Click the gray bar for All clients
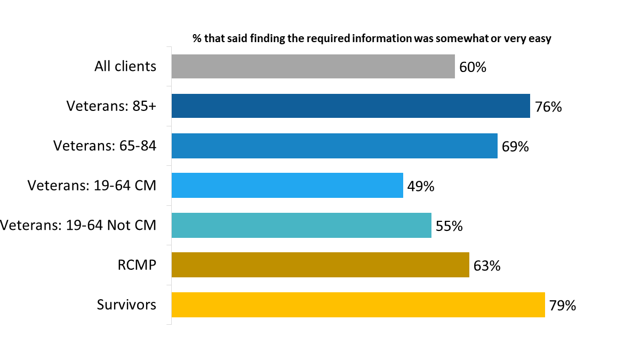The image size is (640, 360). coord(313,66)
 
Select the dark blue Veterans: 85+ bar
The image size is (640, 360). coord(350,106)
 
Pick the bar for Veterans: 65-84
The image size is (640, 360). coord(334,146)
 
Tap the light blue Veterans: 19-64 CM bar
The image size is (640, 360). coord(287,186)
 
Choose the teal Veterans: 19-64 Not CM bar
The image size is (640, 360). coord(301,226)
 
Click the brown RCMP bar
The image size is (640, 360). coord(320,265)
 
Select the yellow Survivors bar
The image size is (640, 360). coord(358,305)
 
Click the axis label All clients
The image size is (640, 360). coord(125,66)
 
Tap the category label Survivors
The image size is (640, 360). coord(126,305)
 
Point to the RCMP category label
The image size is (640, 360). coord(137,265)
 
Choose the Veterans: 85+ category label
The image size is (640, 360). coord(111,106)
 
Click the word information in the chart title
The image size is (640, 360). coord(381,39)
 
